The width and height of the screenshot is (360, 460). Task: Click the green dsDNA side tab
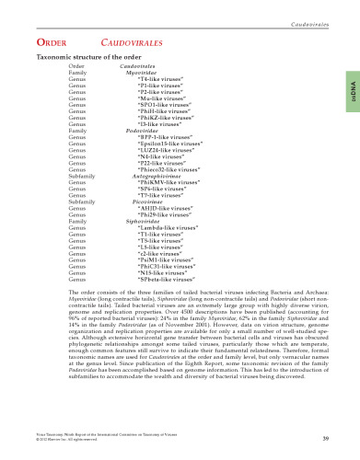[x=352, y=87]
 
